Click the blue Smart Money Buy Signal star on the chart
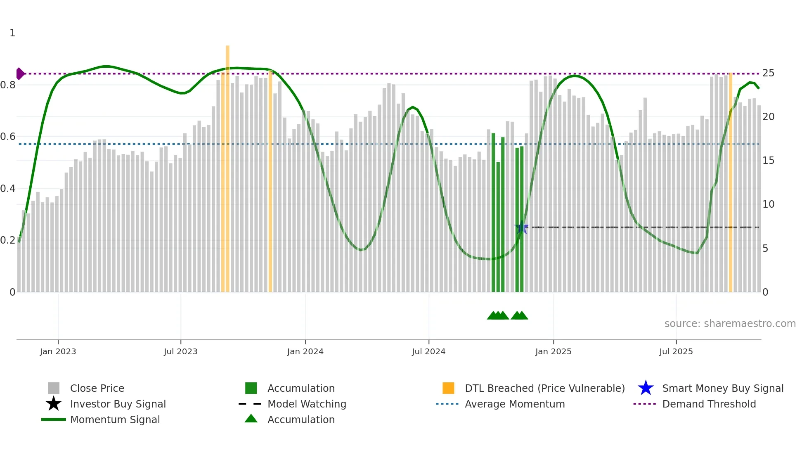[x=522, y=227]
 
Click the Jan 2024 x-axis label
[x=305, y=351]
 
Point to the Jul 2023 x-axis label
[x=180, y=351]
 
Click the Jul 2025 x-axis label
[x=676, y=351]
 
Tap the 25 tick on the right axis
[x=768, y=73]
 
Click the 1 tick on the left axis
[x=12, y=33]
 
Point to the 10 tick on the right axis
[x=768, y=204]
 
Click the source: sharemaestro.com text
[x=730, y=324]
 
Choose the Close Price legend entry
[x=97, y=388]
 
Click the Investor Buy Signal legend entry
[x=118, y=404]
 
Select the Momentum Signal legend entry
[x=115, y=419]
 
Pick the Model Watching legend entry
[x=307, y=404]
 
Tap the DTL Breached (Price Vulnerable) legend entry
[x=544, y=388]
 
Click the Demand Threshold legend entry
[x=709, y=404]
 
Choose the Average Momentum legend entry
[x=515, y=404]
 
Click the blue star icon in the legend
[x=646, y=388]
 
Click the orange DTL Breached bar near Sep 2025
[x=730, y=182]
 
